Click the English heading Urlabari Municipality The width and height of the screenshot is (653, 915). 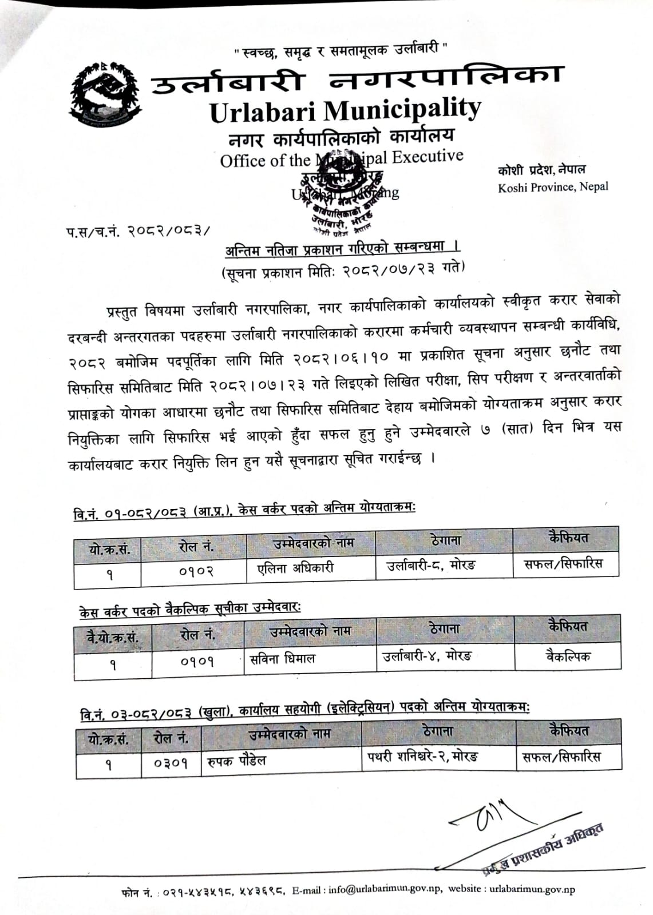345,110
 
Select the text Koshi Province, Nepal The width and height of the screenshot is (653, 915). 553,187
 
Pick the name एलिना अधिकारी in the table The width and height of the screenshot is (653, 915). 295,568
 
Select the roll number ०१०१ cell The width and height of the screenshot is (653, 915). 197,661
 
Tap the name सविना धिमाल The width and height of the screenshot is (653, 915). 283,658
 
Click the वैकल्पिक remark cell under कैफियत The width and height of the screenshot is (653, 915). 568,656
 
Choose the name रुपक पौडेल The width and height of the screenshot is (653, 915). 237,761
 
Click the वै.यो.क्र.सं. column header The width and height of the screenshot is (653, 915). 112,636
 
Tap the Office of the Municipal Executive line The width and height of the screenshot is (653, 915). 342,158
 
